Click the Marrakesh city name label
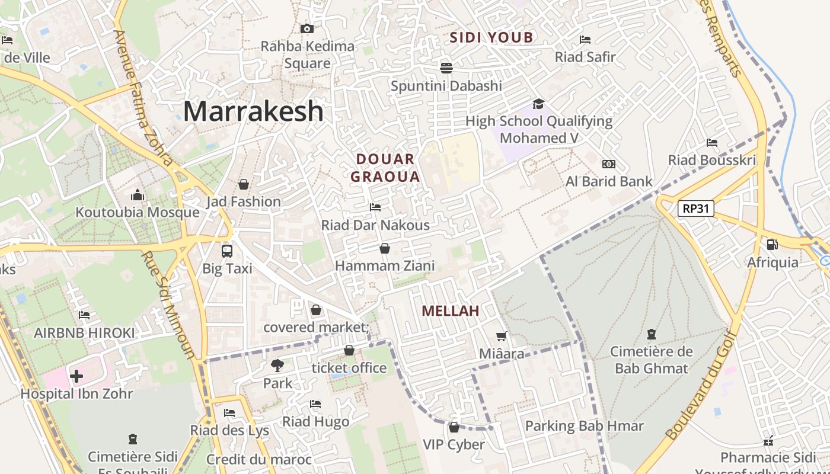pyautogui.click(x=253, y=111)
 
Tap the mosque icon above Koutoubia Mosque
pyautogui.click(x=138, y=195)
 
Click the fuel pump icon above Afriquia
pyautogui.click(x=772, y=244)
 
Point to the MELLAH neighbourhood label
pyautogui.click(x=450, y=311)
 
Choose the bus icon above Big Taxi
pyautogui.click(x=227, y=251)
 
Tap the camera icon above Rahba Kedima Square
pyautogui.click(x=307, y=28)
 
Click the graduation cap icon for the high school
pyautogui.click(x=538, y=104)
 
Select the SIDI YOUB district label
pyautogui.click(x=491, y=38)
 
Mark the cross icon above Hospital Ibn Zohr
pyautogui.click(x=76, y=376)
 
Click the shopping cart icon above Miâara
pyautogui.click(x=502, y=337)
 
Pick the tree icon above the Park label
pyautogui.click(x=277, y=365)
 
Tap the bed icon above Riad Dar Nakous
pyautogui.click(x=375, y=207)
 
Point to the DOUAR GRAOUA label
pyautogui.click(x=385, y=168)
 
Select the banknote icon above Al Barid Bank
pyautogui.click(x=609, y=164)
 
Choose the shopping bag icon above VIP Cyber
pyautogui.click(x=454, y=427)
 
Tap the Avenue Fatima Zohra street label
pyautogui.click(x=143, y=98)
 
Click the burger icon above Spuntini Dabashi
pyautogui.click(x=446, y=68)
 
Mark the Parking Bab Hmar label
pyautogui.click(x=584, y=426)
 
